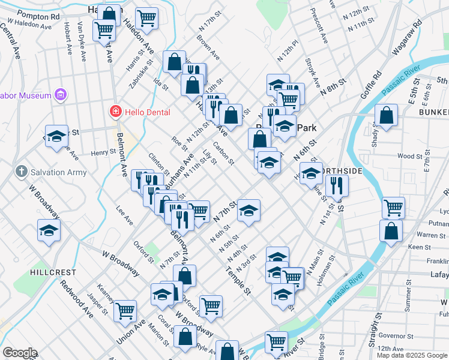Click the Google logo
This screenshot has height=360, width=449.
pyautogui.click(x=19, y=353)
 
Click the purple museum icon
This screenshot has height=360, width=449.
pyautogui.click(x=59, y=94)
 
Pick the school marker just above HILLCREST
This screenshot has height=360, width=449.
pyautogui.click(x=49, y=230)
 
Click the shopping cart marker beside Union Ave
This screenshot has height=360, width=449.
pyautogui.click(x=125, y=310)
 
